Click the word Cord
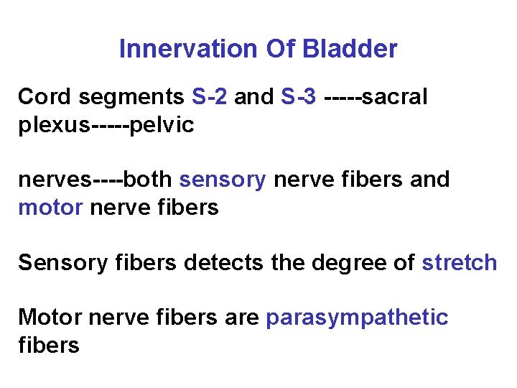tap(41, 96)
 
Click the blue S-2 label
tap(210, 96)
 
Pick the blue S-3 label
tap(299, 96)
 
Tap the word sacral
tap(394, 96)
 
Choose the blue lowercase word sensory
tap(223, 180)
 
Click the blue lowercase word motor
tap(51, 208)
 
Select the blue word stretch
tap(459, 262)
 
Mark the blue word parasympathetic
tap(357, 318)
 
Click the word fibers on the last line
tap(48, 346)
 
